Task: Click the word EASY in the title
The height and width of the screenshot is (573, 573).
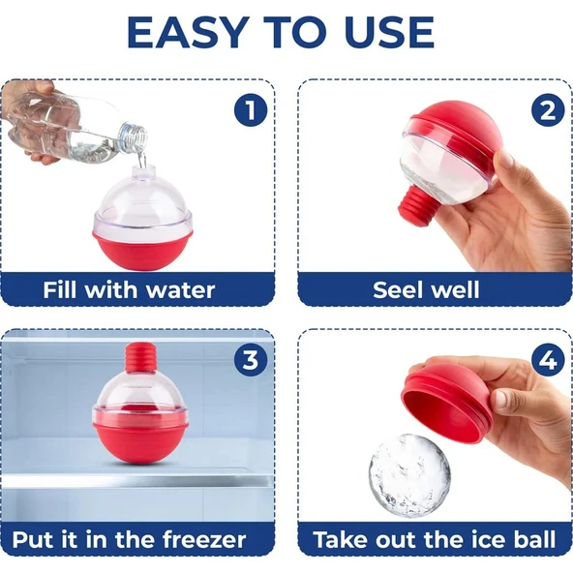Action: tap(186, 33)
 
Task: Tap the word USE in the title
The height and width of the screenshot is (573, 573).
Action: tap(389, 33)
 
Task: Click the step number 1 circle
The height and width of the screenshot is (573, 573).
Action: tap(251, 110)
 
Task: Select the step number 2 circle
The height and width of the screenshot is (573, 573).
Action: tap(548, 110)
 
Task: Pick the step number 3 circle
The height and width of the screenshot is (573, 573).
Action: tap(251, 360)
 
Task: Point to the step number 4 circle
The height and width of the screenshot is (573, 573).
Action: tap(548, 360)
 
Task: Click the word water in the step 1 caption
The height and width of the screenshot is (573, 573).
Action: tap(180, 290)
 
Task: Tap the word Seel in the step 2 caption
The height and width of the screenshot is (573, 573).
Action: tap(398, 290)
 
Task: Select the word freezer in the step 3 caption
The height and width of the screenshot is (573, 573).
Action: tap(204, 540)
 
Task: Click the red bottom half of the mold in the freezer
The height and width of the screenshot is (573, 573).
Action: tap(141, 441)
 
